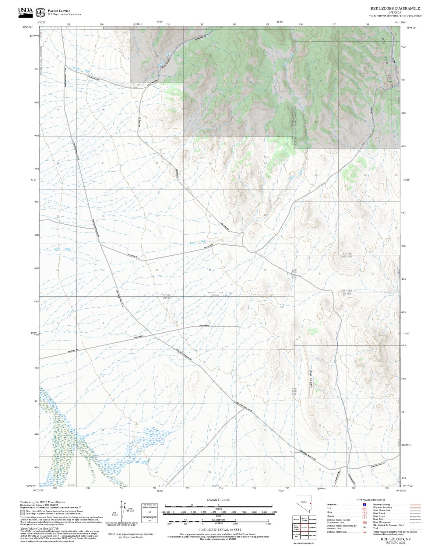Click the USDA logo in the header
(25, 11)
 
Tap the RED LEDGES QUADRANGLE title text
(395, 9)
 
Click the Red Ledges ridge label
(311, 379)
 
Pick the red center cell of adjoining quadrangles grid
(304, 527)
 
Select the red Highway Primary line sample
(415, 505)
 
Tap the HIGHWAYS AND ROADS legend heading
(371, 500)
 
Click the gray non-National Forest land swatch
(23, 513)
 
